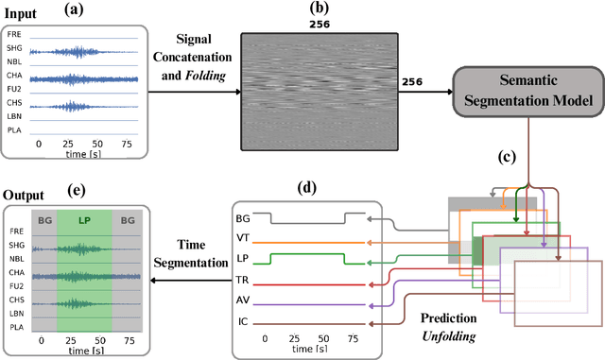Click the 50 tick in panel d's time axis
[324, 337]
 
